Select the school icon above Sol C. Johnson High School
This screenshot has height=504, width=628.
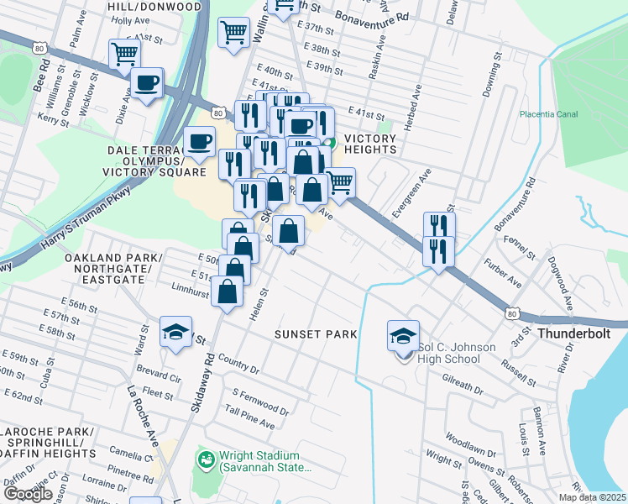pyautogui.click(x=403, y=335)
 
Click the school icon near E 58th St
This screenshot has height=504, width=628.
pyautogui.click(x=176, y=332)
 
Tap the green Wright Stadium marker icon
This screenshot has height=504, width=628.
pyautogui.click(x=204, y=460)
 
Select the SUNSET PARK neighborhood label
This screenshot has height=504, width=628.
pyautogui.click(x=316, y=334)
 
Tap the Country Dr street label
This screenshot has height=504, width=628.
pyautogui.click(x=238, y=363)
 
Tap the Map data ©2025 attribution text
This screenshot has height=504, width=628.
pyautogui.click(x=593, y=497)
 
